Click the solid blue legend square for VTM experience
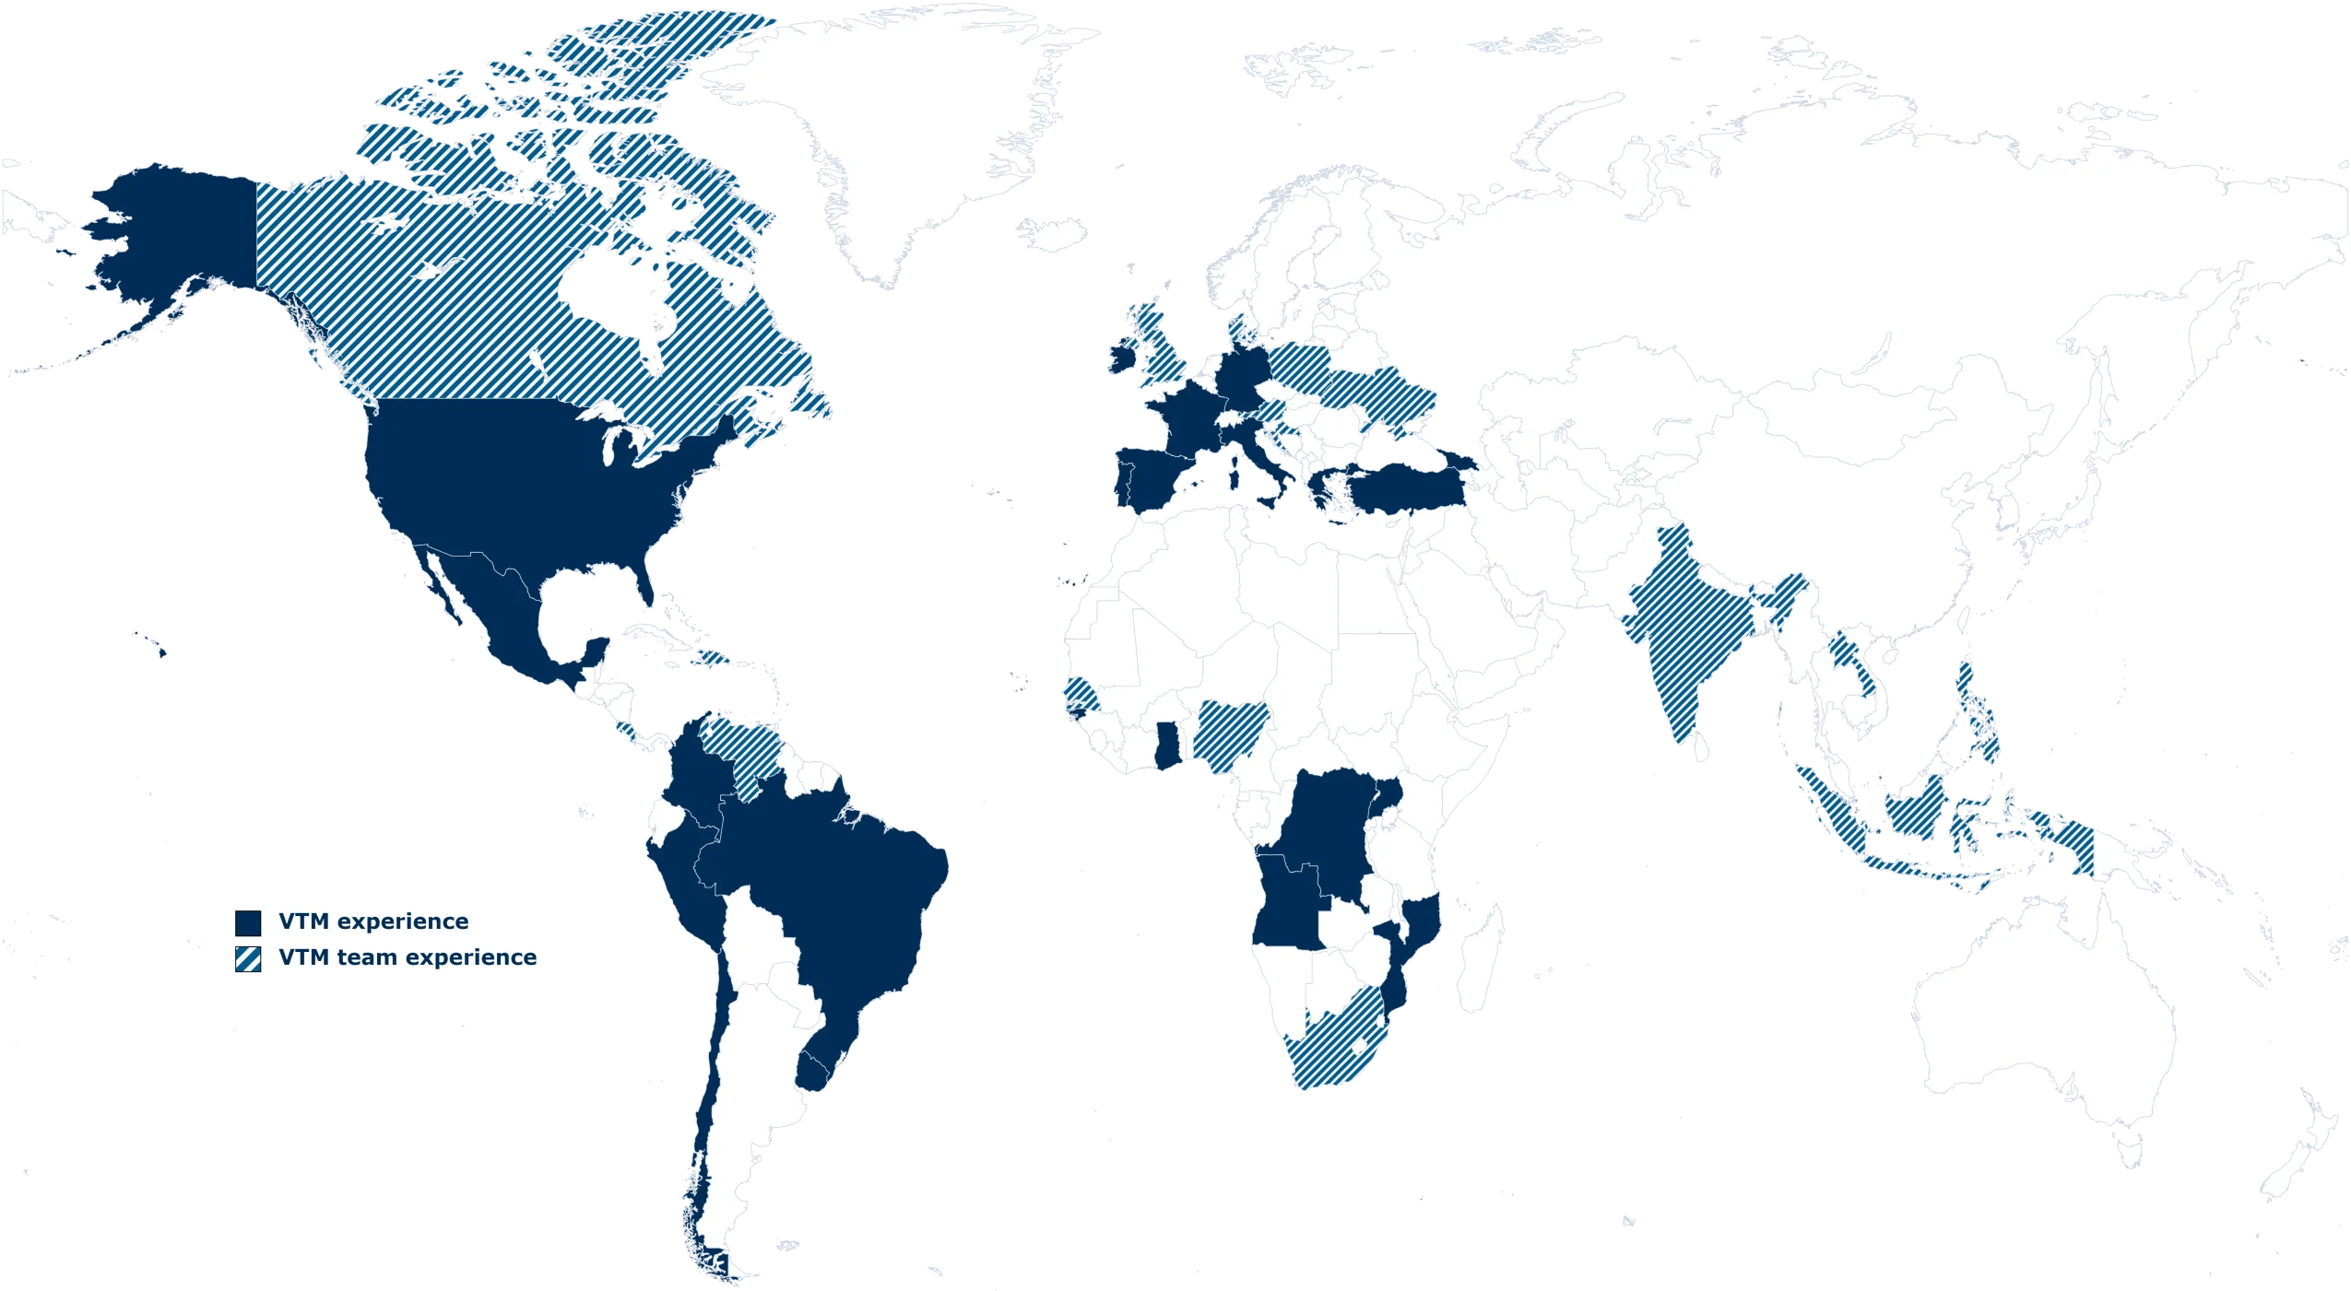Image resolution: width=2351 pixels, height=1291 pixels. [248, 922]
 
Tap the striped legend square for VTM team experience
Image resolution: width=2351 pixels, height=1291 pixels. [248, 958]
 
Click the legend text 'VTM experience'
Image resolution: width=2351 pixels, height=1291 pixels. [373, 921]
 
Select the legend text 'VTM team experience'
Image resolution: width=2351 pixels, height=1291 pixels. [408, 957]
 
